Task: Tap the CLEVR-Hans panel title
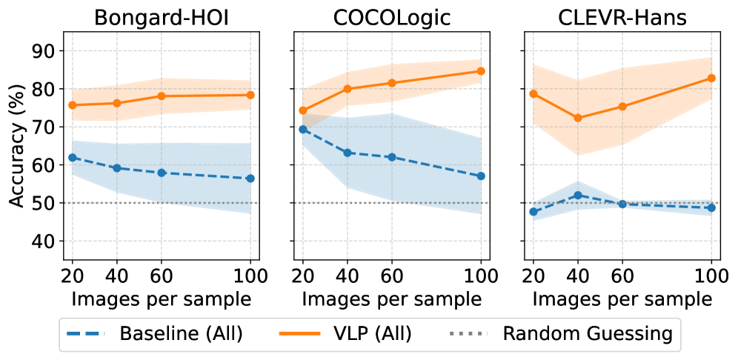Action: tap(622, 18)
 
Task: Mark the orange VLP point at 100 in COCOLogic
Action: tap(481, 71)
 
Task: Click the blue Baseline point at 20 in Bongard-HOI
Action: tap(73, 157)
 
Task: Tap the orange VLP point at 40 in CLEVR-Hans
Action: tap(578, 118)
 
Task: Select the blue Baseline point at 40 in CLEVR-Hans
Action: tap(578, 195)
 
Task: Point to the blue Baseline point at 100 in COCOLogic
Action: tap(481, 176)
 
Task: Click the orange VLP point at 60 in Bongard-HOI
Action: tap(162, 96)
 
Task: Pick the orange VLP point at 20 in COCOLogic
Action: tap(302, 110)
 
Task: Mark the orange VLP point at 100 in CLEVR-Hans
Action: tap(711, 78)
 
